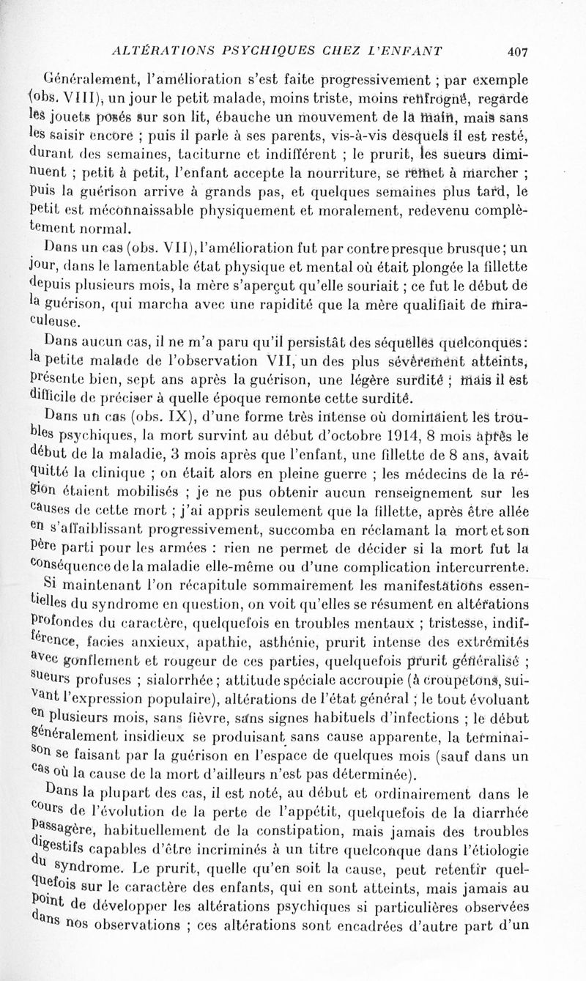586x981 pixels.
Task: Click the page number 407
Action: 516,51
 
